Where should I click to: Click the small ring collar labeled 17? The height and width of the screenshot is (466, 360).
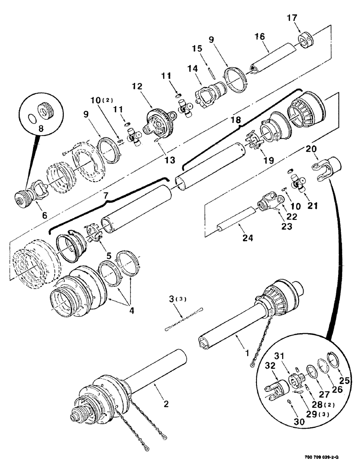(305, 38)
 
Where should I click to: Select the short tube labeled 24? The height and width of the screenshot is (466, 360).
(235, 220)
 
